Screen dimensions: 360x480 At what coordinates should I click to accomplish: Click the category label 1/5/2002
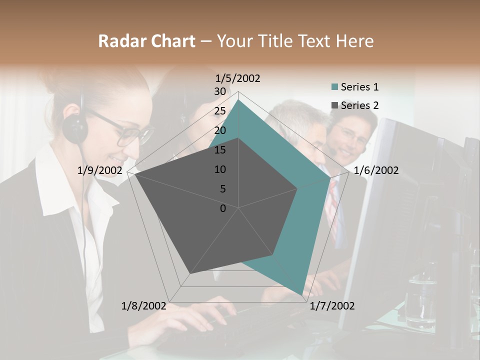237,78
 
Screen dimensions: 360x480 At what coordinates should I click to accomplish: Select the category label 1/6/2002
376,170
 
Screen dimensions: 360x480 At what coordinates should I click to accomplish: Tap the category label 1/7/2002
332,305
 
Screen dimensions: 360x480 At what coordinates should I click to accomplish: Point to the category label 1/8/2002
144,305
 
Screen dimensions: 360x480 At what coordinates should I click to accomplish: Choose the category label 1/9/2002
100,170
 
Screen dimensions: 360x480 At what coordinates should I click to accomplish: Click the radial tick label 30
220,91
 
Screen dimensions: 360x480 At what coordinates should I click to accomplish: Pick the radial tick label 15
220,150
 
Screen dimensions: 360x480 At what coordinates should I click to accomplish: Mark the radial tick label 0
223,208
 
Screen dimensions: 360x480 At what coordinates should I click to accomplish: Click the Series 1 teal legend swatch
334,87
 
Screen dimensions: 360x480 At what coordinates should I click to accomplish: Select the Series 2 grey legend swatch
334,105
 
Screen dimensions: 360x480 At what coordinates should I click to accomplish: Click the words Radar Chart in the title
146,41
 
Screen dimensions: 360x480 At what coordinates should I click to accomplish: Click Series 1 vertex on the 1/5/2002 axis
238,100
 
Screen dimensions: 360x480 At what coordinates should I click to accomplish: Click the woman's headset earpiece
76,127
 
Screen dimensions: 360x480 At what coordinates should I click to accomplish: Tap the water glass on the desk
420,300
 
